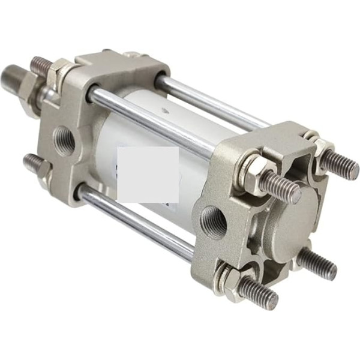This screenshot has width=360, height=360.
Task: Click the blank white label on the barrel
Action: [x=148, y=174]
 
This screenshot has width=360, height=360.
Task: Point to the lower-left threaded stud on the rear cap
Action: [x=255, y=292]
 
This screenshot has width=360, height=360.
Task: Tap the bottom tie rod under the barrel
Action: [x=138, y=221]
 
